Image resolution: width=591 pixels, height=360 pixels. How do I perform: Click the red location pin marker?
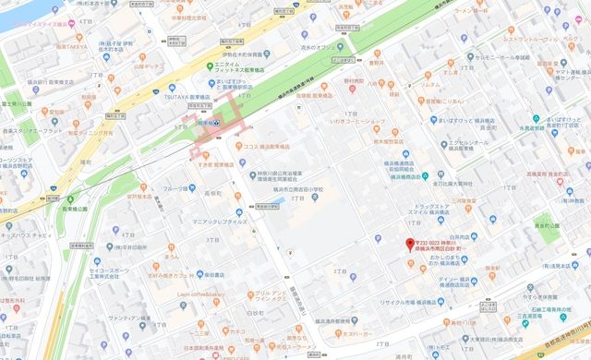pyautogui.click(x=410, y=245)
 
